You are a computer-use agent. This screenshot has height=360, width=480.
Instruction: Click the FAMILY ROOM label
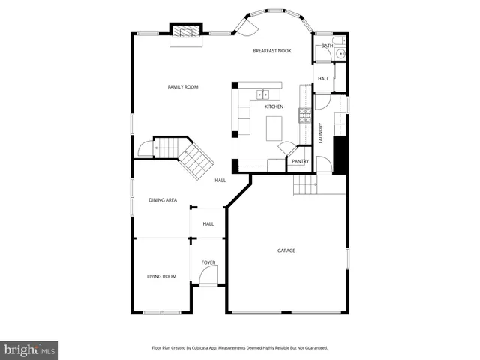click(182, 87)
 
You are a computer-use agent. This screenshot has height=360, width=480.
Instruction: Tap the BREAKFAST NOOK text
click(271, 50)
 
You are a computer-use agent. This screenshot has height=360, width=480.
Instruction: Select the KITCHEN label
click(274, 106)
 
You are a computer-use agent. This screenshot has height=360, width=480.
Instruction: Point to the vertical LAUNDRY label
click(321, 133)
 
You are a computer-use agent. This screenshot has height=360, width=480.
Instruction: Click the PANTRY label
click(300, 161)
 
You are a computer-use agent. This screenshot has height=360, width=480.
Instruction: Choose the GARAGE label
click(286, 250)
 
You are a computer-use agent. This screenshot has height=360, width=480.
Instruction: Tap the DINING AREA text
click(162, 200)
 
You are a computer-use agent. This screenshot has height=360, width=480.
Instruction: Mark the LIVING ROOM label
click(161, 276)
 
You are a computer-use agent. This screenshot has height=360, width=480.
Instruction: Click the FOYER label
click(208, 262)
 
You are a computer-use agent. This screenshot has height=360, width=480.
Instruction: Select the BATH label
click(327, 46)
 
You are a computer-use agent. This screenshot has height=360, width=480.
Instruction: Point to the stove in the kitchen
click(305, 115)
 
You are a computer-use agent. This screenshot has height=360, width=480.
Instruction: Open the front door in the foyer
click(208, 278)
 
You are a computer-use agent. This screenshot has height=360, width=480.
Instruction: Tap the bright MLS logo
click(29, 349)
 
